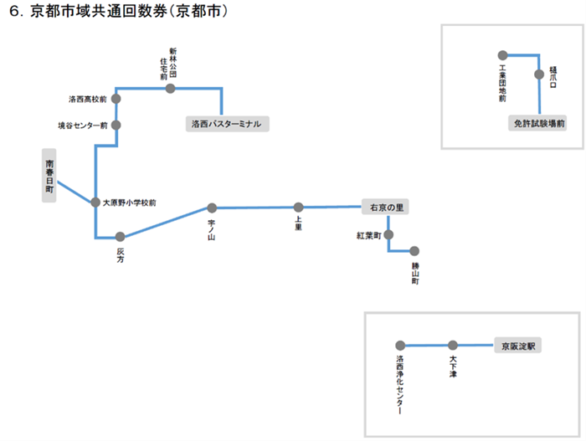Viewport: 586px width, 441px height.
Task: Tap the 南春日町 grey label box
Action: pos(50,177)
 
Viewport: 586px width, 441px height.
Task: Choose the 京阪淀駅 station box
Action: pos(518,345)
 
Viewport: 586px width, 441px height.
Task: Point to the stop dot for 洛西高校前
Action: pos(116,99)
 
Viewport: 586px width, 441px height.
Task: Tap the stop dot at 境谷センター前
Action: pos(116,126)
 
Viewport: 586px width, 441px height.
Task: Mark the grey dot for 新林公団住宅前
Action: pos(170,88)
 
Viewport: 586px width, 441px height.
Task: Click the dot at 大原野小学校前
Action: pos(95,203)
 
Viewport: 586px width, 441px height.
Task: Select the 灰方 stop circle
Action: pos(121,238)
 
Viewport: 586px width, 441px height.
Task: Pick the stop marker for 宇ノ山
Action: pos(212,208)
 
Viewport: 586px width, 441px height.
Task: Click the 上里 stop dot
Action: pos(298,207)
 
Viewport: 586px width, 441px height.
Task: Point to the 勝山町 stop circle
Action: pos(414,250)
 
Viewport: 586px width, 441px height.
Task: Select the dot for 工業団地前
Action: pos(502,55)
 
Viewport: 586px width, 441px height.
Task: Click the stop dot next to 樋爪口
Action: pos(539,74)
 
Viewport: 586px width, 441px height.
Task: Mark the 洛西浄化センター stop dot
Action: pos(400,345)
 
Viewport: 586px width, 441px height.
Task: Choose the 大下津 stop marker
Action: pos(453,345)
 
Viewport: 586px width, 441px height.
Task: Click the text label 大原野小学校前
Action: pos(129,203)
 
